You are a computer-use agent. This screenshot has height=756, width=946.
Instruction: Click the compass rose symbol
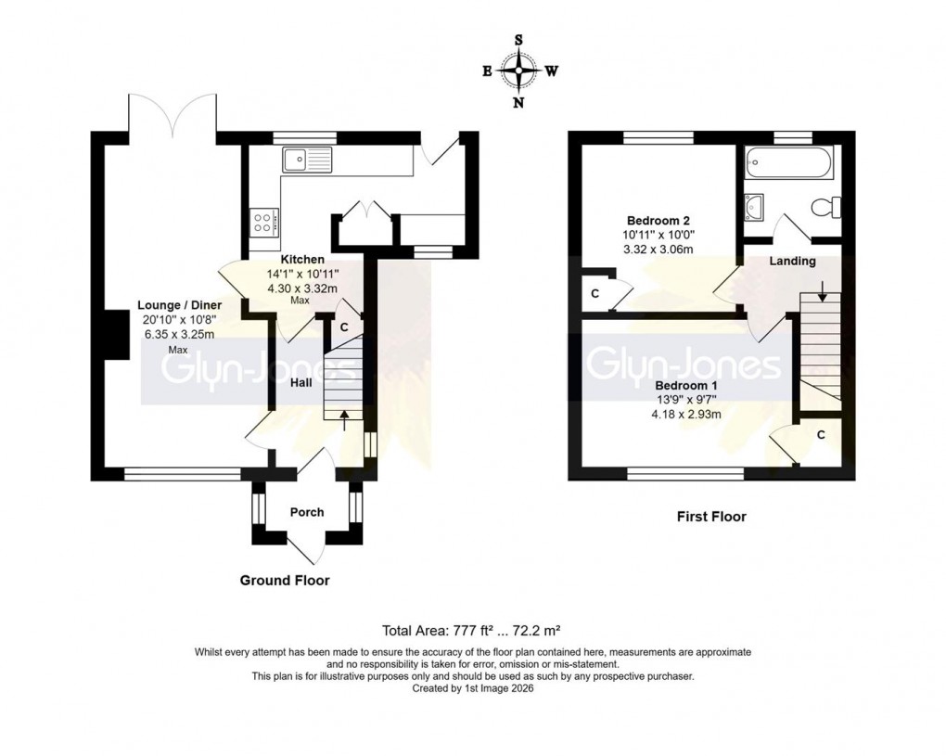518,70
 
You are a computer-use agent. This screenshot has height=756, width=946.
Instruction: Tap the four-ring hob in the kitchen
262,220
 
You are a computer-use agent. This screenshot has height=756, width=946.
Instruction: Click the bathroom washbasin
753,204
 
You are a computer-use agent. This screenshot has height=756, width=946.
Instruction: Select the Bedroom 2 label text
658,221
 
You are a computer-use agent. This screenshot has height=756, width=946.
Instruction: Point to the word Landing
792,262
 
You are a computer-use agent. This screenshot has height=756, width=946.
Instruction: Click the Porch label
307,512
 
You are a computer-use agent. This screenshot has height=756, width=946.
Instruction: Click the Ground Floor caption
285,581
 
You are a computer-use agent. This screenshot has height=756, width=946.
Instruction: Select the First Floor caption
710,517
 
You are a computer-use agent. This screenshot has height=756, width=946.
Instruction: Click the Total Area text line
472,630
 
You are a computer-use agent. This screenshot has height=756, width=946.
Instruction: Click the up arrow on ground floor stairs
344,420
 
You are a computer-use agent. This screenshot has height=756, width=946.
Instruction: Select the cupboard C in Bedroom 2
594,293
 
